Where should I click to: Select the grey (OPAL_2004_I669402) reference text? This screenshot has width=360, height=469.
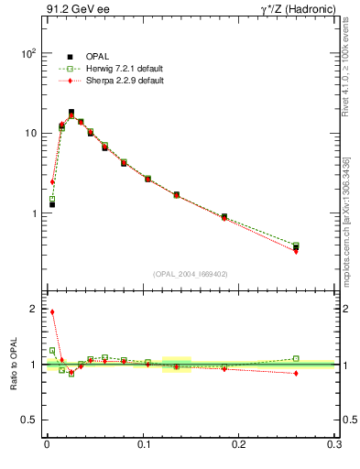pyautogui.click(x=190, y=273)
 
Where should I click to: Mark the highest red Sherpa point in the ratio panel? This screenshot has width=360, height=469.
pyautogui.click(x=52, y=312)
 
